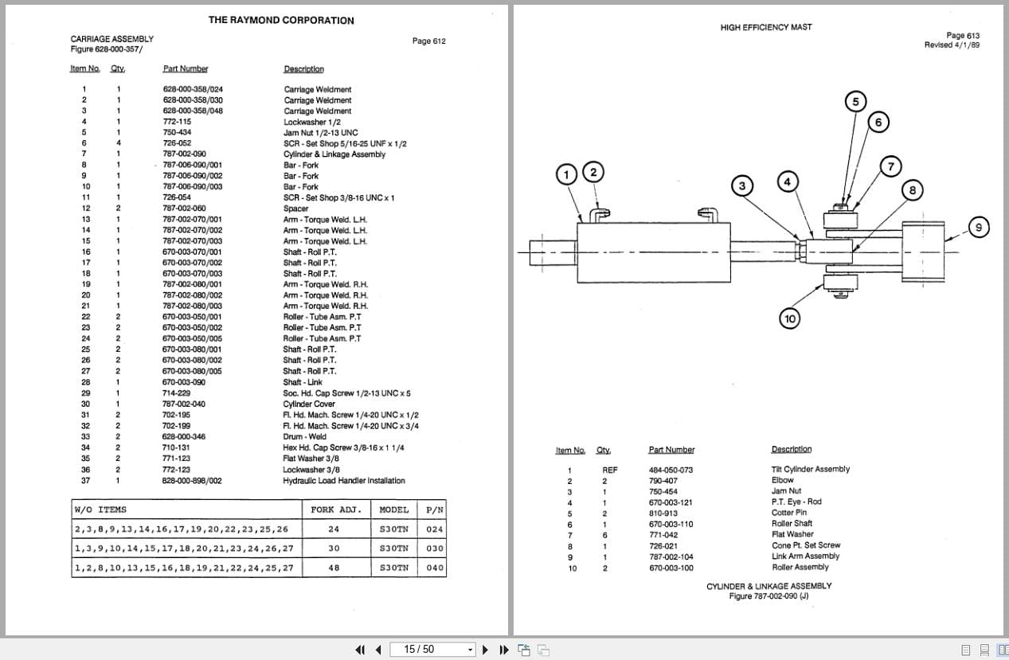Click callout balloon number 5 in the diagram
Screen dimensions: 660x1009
click(855, 102)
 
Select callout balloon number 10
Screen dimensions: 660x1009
click(789, 318)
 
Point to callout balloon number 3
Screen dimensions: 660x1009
click(741, 186)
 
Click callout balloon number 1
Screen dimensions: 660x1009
click(566, 174)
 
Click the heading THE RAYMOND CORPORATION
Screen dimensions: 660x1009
click(281, 20)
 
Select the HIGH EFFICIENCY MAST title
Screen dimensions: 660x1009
click(766, 27)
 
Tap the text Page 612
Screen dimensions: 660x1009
click(428, 41)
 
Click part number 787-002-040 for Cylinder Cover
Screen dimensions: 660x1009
click(183, 404)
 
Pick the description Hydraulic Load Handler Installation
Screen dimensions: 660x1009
click(343, 480)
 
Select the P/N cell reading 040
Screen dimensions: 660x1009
click(434, 568)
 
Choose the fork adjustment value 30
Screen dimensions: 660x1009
click(334, 549)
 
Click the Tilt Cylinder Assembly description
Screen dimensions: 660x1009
click(810, 469)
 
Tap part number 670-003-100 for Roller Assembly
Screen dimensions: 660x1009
click(671, 568)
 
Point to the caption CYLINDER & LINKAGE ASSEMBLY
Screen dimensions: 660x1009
click(768, 586)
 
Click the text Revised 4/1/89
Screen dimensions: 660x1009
click(952, 45)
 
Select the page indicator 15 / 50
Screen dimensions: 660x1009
click(419, 650)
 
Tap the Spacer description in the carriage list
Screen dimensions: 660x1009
click(295, 209)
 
